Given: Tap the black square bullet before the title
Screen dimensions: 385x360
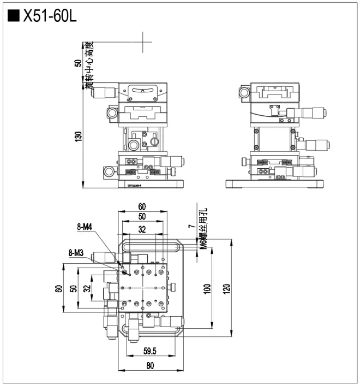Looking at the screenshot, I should [x=13, y=16].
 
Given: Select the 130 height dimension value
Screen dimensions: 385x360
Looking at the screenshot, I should [x=78, y=135].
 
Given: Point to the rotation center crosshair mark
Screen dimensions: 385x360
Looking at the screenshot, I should [x=144, y=42].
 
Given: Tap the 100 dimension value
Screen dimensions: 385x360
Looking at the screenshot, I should [x=208, y=288].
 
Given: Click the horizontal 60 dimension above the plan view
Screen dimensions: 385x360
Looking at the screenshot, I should [x=142, y=206].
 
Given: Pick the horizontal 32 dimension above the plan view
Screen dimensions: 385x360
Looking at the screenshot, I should [x=142, y=230].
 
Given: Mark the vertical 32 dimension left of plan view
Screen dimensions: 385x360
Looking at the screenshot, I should [x=86, y=288].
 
